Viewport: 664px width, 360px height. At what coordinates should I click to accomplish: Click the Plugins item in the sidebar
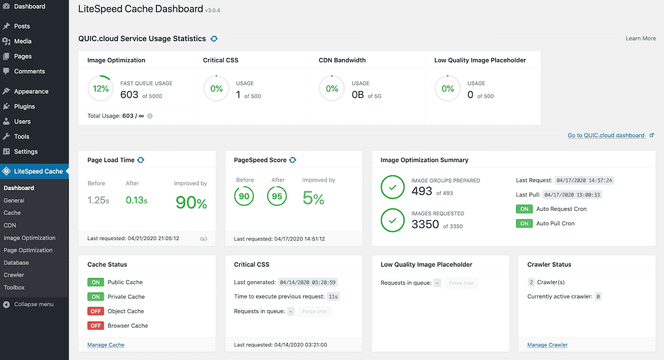tap(24, 106)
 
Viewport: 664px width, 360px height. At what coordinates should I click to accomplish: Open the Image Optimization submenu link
tap(29, 238)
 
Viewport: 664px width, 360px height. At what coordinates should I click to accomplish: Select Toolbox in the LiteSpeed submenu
tap(14, 288)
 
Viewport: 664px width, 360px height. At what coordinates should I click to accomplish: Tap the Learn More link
tap(641, 38)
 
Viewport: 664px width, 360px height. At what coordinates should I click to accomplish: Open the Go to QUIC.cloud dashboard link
tap(606, 135)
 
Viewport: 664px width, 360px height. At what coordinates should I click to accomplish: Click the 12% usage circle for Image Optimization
tap(101, 88)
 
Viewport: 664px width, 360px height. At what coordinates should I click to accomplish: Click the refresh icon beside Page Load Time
tap(141, 160)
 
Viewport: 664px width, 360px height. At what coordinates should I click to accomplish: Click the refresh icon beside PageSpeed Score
tap(293, 160)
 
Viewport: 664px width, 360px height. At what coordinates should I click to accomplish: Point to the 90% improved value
tap(191, 203)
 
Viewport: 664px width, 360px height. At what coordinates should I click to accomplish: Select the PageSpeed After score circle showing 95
tap(278, 196)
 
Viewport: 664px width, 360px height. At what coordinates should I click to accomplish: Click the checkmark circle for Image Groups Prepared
tap(393, 188)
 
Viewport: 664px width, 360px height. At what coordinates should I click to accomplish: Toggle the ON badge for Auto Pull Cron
tap(523, 223)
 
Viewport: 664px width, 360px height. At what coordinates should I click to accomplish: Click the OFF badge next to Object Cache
tap(96, 311)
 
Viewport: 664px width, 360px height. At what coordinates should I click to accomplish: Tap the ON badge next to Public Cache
tap(96, 282)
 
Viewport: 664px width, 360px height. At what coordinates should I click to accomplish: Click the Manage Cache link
tap(106, 345)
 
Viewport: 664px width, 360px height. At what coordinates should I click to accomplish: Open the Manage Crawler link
tap(547, 345)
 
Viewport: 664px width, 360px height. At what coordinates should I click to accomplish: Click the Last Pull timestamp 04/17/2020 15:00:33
tap(572, 195)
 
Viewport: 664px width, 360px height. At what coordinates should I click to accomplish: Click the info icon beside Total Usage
tap(150, 116)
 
